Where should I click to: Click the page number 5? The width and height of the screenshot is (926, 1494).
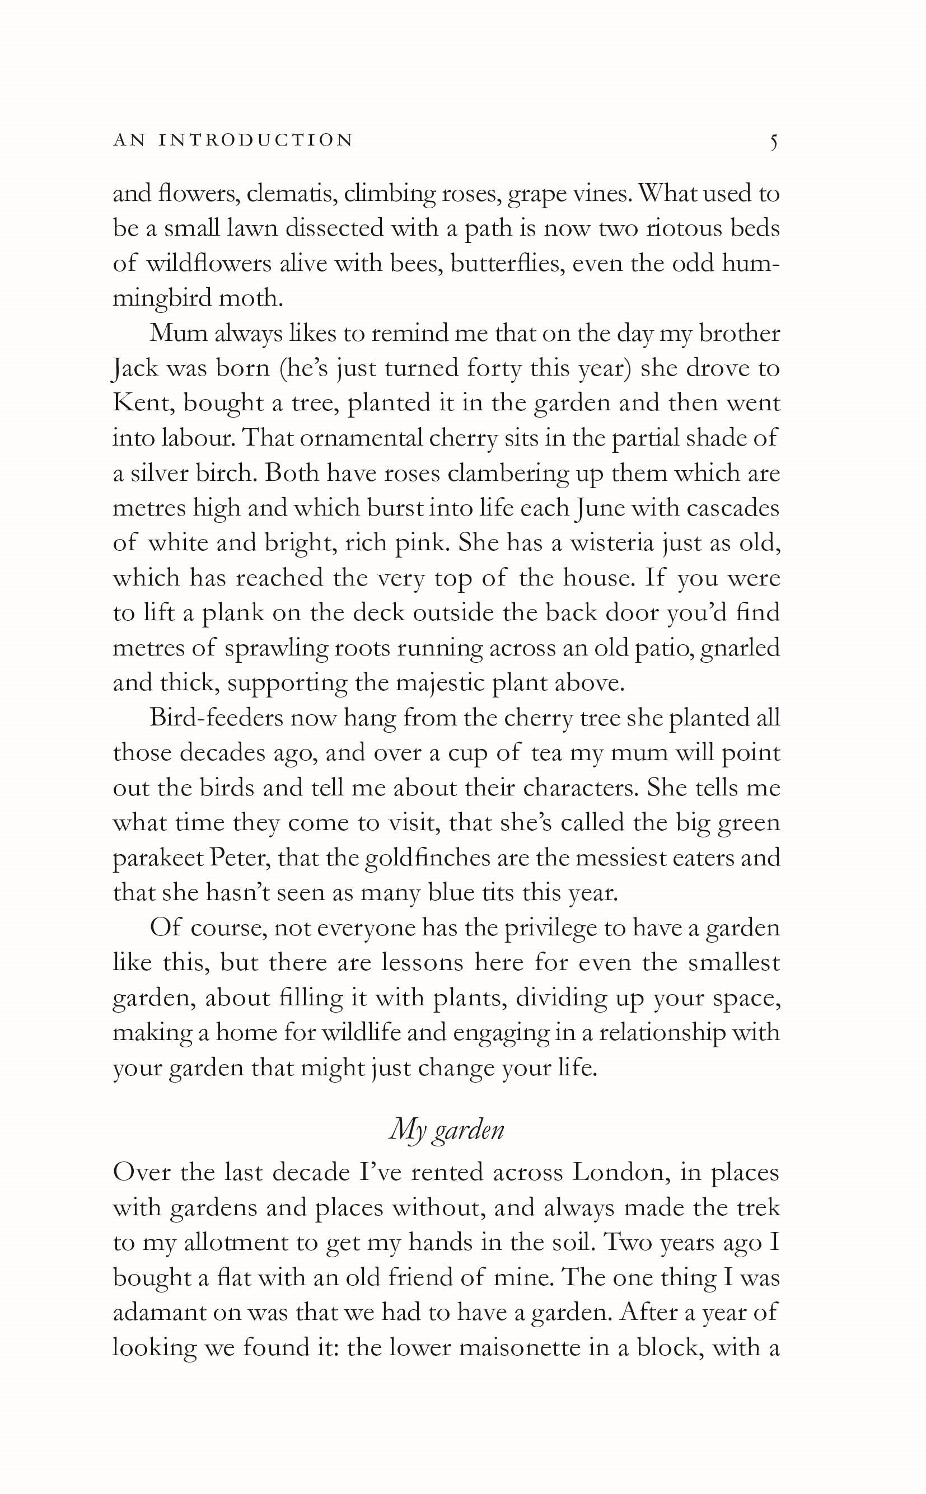click(774, 142)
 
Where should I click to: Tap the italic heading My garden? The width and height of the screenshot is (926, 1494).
click(446, 1129)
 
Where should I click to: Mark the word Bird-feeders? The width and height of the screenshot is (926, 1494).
click(216, 718)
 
